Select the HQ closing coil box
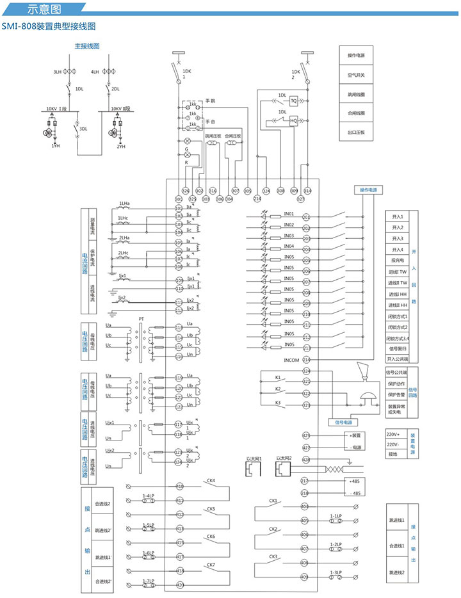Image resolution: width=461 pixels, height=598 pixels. click(294, 120)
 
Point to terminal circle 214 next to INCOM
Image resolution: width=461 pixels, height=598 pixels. click(306, 360)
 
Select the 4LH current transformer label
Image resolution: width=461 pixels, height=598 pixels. click(95, 72)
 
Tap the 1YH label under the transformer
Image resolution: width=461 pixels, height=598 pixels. click(56, 147)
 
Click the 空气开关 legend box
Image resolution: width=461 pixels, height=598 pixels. click(356, 75)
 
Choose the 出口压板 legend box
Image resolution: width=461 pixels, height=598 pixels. click(356, 133)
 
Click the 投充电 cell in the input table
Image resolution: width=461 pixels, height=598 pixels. click(398, 261)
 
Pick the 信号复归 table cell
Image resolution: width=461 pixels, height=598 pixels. click(398, 348)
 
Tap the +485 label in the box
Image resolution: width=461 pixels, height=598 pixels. click(354, 480)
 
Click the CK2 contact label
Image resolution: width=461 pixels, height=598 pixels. click(273, 529)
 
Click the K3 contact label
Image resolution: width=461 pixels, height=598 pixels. click(278, 402)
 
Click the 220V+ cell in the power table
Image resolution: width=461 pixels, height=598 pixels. click(394, 433)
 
